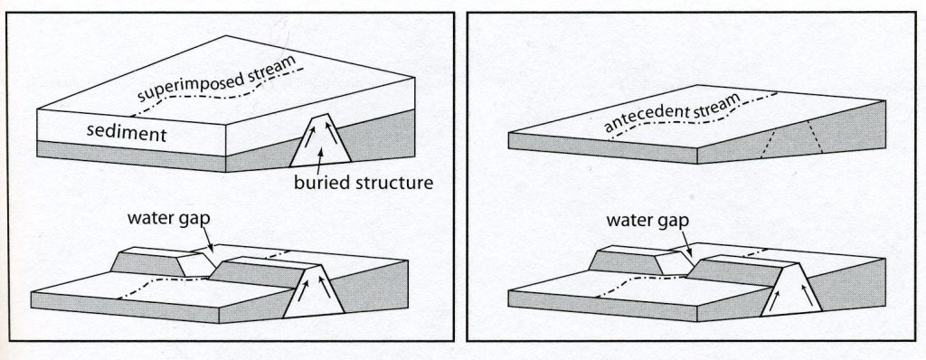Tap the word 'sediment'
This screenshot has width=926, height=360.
(127, 133)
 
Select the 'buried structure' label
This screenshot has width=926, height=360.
(364, 183)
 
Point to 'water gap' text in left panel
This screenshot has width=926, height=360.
(168, 219)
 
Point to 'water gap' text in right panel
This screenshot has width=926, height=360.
(647, 221)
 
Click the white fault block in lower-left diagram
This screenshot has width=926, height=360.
(314, 291)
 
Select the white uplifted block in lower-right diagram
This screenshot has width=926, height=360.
(791, 289)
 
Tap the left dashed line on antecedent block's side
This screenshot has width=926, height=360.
(768, 143)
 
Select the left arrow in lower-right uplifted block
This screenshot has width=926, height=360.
(775, 300)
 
